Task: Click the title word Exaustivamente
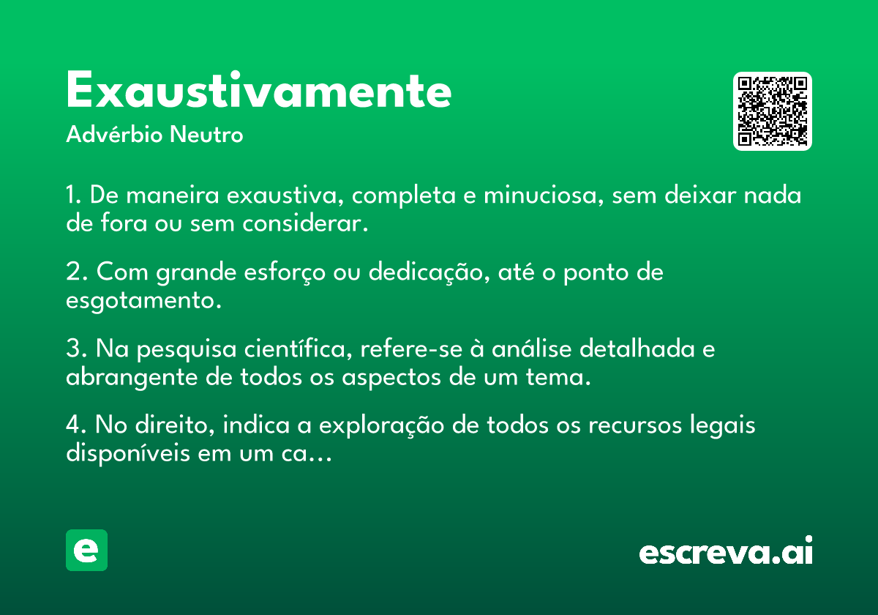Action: [259, 89]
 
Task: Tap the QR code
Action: [772, 111]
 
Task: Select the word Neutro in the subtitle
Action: [206, 135]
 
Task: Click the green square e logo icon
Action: [86, 550]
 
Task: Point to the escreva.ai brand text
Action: [726, 551]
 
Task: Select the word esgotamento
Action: [143, 300]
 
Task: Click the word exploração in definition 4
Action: [381, 425]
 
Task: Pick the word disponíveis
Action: [128, 453]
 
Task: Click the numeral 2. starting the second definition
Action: [76, 272]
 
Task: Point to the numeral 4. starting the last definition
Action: [76, 425]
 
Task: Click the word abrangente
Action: [132, 378]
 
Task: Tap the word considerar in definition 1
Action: [305, 223]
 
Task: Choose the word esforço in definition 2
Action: [285, 272]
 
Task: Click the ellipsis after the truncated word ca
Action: [320, 460]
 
